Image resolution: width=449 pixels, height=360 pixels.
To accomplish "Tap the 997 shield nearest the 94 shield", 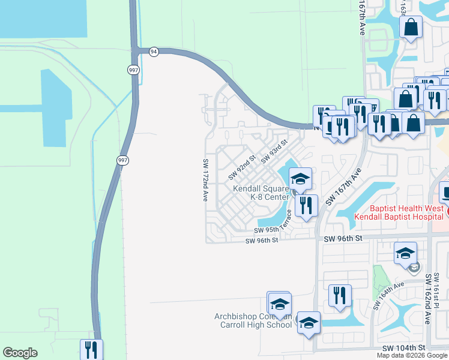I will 133,70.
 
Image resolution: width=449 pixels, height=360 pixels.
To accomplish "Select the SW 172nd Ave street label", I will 205,179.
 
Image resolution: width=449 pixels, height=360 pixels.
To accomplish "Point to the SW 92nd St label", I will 243,167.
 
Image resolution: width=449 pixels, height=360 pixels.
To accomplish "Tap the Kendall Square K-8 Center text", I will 261,193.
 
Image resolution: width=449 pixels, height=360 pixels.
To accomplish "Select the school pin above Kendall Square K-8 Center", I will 301,178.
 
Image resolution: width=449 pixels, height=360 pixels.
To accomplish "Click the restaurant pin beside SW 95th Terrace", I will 307,206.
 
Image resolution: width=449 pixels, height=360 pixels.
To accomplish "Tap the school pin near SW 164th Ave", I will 406,253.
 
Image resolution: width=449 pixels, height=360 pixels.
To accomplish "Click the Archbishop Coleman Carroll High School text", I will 253,321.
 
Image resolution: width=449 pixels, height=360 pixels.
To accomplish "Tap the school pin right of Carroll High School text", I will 309,323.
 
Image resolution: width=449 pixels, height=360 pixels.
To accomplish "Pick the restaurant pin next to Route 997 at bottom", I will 91,349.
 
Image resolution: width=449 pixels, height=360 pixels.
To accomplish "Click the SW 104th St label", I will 405,348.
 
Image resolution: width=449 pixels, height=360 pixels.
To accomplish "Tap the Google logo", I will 20,353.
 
